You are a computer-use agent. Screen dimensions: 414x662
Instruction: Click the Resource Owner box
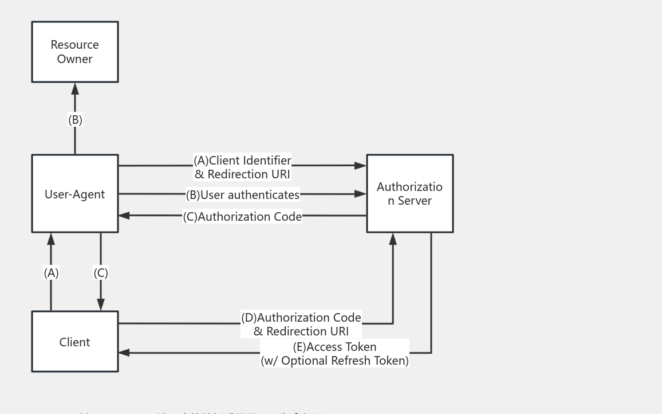74,52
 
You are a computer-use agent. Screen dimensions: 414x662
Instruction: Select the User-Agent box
74,194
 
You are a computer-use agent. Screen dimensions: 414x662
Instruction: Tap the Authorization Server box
409,194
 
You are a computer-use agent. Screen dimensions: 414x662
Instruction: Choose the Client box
74,342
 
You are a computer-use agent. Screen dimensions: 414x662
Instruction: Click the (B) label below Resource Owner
75,120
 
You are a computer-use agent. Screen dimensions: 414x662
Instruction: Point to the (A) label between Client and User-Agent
52,273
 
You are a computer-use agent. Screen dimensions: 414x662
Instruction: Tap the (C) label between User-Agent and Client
101,273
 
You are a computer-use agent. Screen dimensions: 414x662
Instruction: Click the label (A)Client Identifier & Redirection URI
242,167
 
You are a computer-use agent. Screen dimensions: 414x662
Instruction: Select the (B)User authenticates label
242,195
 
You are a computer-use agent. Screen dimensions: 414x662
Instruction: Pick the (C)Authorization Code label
242,217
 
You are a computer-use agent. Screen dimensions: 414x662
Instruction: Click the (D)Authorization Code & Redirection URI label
301,324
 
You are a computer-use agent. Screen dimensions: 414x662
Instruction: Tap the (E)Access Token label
334,347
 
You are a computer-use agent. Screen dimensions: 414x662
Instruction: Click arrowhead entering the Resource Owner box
75,88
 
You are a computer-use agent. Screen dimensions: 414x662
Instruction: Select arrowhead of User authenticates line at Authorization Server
360,194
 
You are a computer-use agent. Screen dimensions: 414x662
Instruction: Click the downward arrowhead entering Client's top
101,304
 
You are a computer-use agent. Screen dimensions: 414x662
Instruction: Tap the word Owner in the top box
74,59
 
